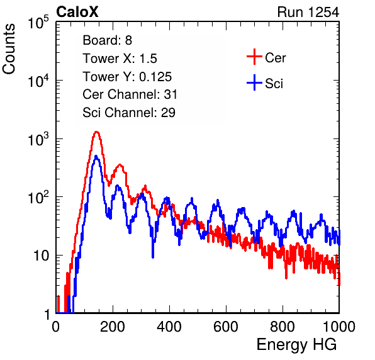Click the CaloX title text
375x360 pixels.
click(x=77, y=12)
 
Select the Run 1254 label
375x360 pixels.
click(x=308, y=12)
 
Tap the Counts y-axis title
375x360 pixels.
click(x=9, y=49)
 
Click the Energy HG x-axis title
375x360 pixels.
click(x=296, y=345)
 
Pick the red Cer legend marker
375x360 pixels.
click(x=254, y=57)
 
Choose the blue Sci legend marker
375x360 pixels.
click(x=254, y=82)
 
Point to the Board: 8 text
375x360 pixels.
click(x=107, y=40)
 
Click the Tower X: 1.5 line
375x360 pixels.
click(x=120, y=59)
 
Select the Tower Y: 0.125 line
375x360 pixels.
click(x=127, y=77)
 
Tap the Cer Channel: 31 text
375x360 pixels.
click(x=130, y=94)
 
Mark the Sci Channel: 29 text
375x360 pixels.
click(x=128, y=113)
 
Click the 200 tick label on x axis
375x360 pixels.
click(x=113, y=327)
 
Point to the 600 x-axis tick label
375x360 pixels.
click(x=226, y=327)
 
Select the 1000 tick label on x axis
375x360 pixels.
click(x=339, y=327)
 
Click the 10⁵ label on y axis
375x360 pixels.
click(x=38, y=23)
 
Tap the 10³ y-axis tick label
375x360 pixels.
click(x=38, y=139)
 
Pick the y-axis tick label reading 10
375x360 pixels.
click(x=41, y=256)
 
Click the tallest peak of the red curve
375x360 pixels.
click(x=96, y=132)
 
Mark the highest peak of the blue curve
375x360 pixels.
click(x=96, y=156)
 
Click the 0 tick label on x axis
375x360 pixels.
click(x=56, y=327)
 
